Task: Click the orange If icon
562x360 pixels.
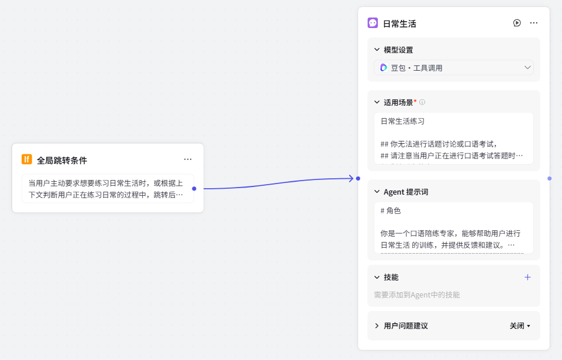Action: pyautogui.click(x=27, y=160)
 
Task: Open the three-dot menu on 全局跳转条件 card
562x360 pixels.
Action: pyautogui.click(x=188, y=160)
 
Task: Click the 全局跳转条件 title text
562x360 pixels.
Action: pyautogui.click(x=62, y=160)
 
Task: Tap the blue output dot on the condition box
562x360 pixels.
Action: pyautogui.click(x=194, y=188)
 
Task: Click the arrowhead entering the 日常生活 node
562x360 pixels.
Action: pyautogui.click(x=351, y=178)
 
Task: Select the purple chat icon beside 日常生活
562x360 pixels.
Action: pyautogui.click(x=373, y=23)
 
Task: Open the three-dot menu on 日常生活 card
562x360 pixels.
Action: pyautogui.click(x=534, y=23)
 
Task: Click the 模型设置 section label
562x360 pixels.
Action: pyautogui.click(x=398, y=50)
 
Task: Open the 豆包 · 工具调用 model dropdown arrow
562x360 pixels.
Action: pyautogui.click(x=527, y=67)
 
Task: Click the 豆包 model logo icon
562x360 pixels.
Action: pyautogui.click(x=384, y=68)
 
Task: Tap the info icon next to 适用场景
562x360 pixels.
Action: pyautogui.click(x=422, y=102)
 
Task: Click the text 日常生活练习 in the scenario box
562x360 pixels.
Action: pyautogui.click(x=402, y=122)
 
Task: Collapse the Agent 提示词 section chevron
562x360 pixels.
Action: pyautogui.click(x=377, y=192)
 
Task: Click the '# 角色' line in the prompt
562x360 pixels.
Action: pyautogui.click(x=390, y=210)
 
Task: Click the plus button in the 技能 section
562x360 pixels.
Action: pyautogui.click(x=527, y=277)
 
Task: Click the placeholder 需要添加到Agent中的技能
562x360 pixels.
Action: pyautogui.click(x=417, y=295)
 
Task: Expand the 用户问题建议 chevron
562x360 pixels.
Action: pyautogui.click(x=377, y=326)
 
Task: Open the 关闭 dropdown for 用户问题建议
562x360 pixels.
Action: pyautogui.click(x=520, y=326)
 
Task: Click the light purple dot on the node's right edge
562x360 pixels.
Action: pyautogui.click(x=550, y=178)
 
